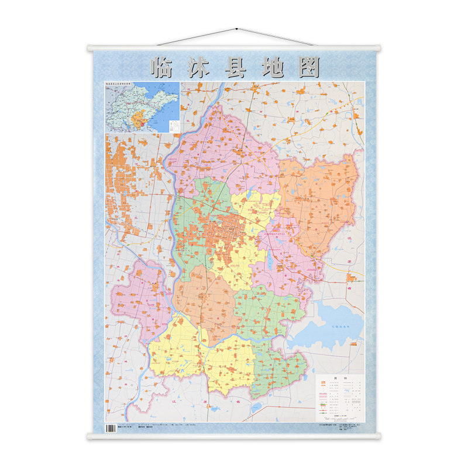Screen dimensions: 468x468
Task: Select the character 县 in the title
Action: point(238,67)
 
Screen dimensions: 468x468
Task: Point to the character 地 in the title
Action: point(273,67)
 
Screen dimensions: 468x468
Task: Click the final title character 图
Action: point(308,67)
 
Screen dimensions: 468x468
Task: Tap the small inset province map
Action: point(142,108)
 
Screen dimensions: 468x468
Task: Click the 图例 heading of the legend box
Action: point(339,378)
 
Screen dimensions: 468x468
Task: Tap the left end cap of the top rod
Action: point(90,47)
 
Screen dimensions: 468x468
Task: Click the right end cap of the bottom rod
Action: point(378,435)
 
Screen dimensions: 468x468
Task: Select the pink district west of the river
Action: point(140,292)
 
